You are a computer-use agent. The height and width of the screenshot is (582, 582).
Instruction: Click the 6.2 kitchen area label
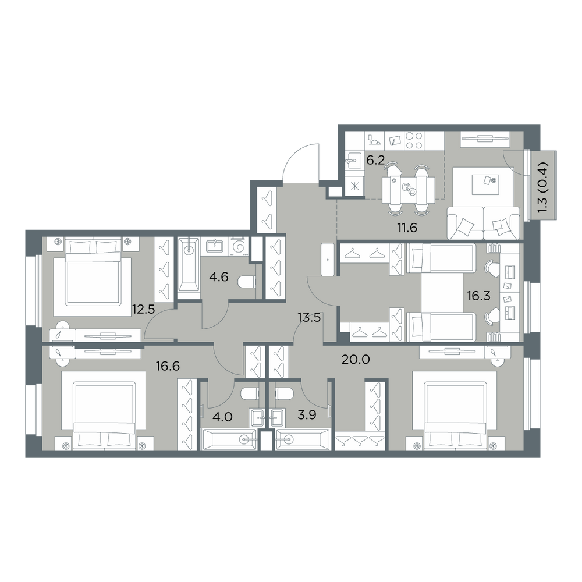coord(375,160)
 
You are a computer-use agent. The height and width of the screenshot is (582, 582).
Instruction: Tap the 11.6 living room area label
coord(407,228)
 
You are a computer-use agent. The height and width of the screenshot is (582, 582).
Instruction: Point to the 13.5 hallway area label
coord(309,318)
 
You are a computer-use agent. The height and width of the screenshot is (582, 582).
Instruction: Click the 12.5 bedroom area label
coord(143,309)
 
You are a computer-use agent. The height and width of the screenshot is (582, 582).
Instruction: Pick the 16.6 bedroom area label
coord(168,366)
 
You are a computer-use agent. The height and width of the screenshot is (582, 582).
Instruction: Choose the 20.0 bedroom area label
coord(355,359)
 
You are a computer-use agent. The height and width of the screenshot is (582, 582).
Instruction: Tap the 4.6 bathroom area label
coord(219,276)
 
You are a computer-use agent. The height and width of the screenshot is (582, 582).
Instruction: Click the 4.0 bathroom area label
coord(223,417)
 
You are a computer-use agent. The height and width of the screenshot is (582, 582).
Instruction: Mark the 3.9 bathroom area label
coord(307,414)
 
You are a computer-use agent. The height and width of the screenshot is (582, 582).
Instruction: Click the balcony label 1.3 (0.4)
coord(542,187)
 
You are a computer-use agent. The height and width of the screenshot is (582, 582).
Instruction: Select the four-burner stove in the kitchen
coord(414,141)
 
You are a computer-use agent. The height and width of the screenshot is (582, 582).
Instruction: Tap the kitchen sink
coord(353,161)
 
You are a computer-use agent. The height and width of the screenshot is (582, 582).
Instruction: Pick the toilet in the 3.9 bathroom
coord(285,394)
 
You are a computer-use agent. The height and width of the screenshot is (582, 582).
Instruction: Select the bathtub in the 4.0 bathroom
coord(229,439)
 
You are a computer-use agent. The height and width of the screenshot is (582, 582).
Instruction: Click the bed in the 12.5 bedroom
coord(93,271)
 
